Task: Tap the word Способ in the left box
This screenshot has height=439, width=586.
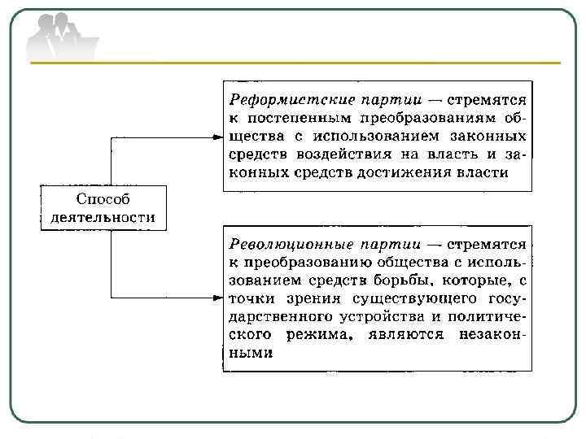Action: (103, 199)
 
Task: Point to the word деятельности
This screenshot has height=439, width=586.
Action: (103, 218)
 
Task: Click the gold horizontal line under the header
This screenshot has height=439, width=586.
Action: (293, 63)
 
